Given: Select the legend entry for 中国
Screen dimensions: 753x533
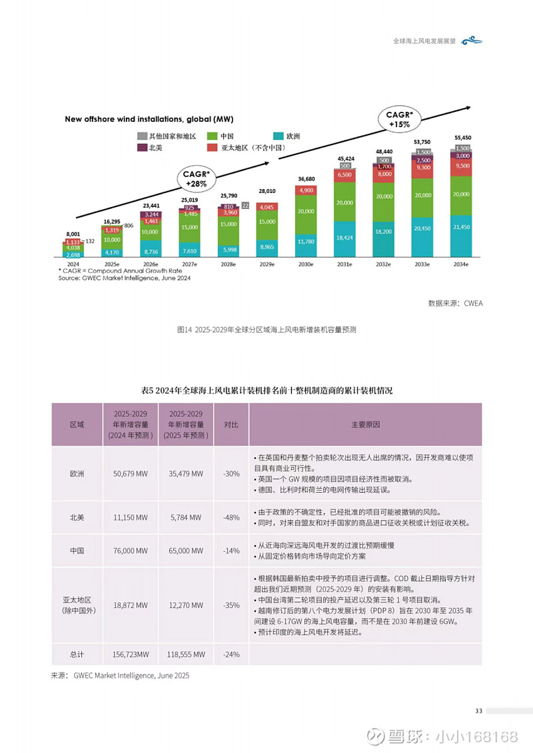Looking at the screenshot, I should click(225, 136).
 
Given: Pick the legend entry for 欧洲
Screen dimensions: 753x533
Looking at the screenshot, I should click(288, 136).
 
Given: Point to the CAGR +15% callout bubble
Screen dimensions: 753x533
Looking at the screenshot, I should click(401, 119).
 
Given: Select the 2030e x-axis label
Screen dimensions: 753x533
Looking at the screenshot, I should click(305, 264).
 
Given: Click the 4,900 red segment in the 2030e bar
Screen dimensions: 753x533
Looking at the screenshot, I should click(305, 190).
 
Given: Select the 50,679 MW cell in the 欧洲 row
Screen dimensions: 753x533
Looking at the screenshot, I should click(131, 473).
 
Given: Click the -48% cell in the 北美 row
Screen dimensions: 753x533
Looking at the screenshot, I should click(231, 516).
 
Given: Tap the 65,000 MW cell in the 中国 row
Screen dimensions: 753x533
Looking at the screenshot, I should click(186, 551).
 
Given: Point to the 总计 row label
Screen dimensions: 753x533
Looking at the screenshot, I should click(77, 654).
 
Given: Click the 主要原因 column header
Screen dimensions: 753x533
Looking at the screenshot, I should click(365, 424).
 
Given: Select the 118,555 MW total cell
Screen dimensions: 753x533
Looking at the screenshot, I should click(186, 654).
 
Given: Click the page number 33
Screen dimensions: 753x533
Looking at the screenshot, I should click(478, 711).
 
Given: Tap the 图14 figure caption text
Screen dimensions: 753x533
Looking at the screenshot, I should click(266, 330).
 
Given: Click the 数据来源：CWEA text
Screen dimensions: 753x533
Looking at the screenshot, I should click(455, 304).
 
